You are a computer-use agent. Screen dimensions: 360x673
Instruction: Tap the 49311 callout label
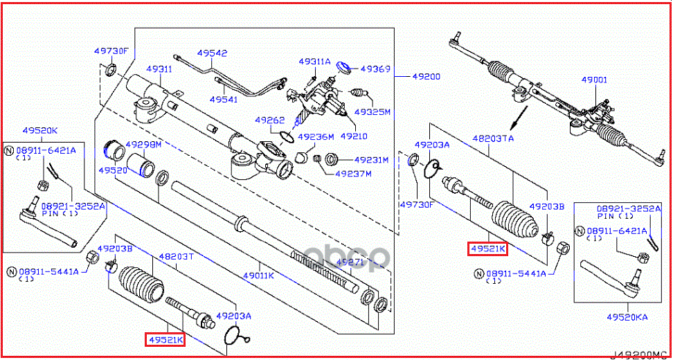pos(159,69)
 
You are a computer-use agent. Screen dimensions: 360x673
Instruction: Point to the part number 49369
pos(375,69)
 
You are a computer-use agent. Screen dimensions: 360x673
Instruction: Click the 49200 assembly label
pos(426,76)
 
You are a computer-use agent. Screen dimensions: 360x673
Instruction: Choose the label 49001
pos(593,80)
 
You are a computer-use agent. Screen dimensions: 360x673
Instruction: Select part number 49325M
pos(373,111)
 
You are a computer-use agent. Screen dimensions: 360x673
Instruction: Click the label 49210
pos(353,136)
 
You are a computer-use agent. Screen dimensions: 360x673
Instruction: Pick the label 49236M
pos(316,136)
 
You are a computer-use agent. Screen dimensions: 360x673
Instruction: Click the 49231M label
pos(372,160)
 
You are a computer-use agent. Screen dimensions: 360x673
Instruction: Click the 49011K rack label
pos(258,276)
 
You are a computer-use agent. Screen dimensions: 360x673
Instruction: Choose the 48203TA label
pos(493,138)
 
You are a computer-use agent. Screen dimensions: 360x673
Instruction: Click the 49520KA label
pos(627,316)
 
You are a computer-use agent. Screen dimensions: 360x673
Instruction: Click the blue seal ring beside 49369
pos(342,68)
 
